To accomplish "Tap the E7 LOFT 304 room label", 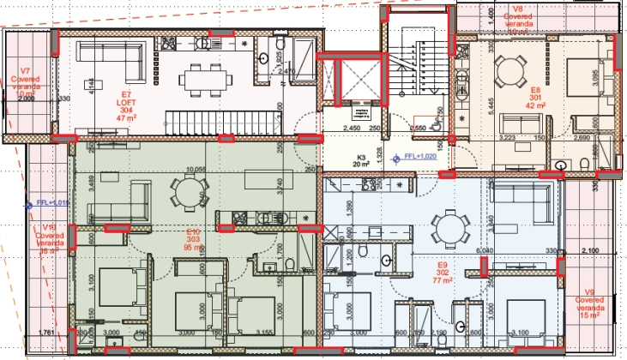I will point(128,103).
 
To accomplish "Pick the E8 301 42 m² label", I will point(535,96).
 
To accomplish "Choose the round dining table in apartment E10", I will point(185,188).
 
